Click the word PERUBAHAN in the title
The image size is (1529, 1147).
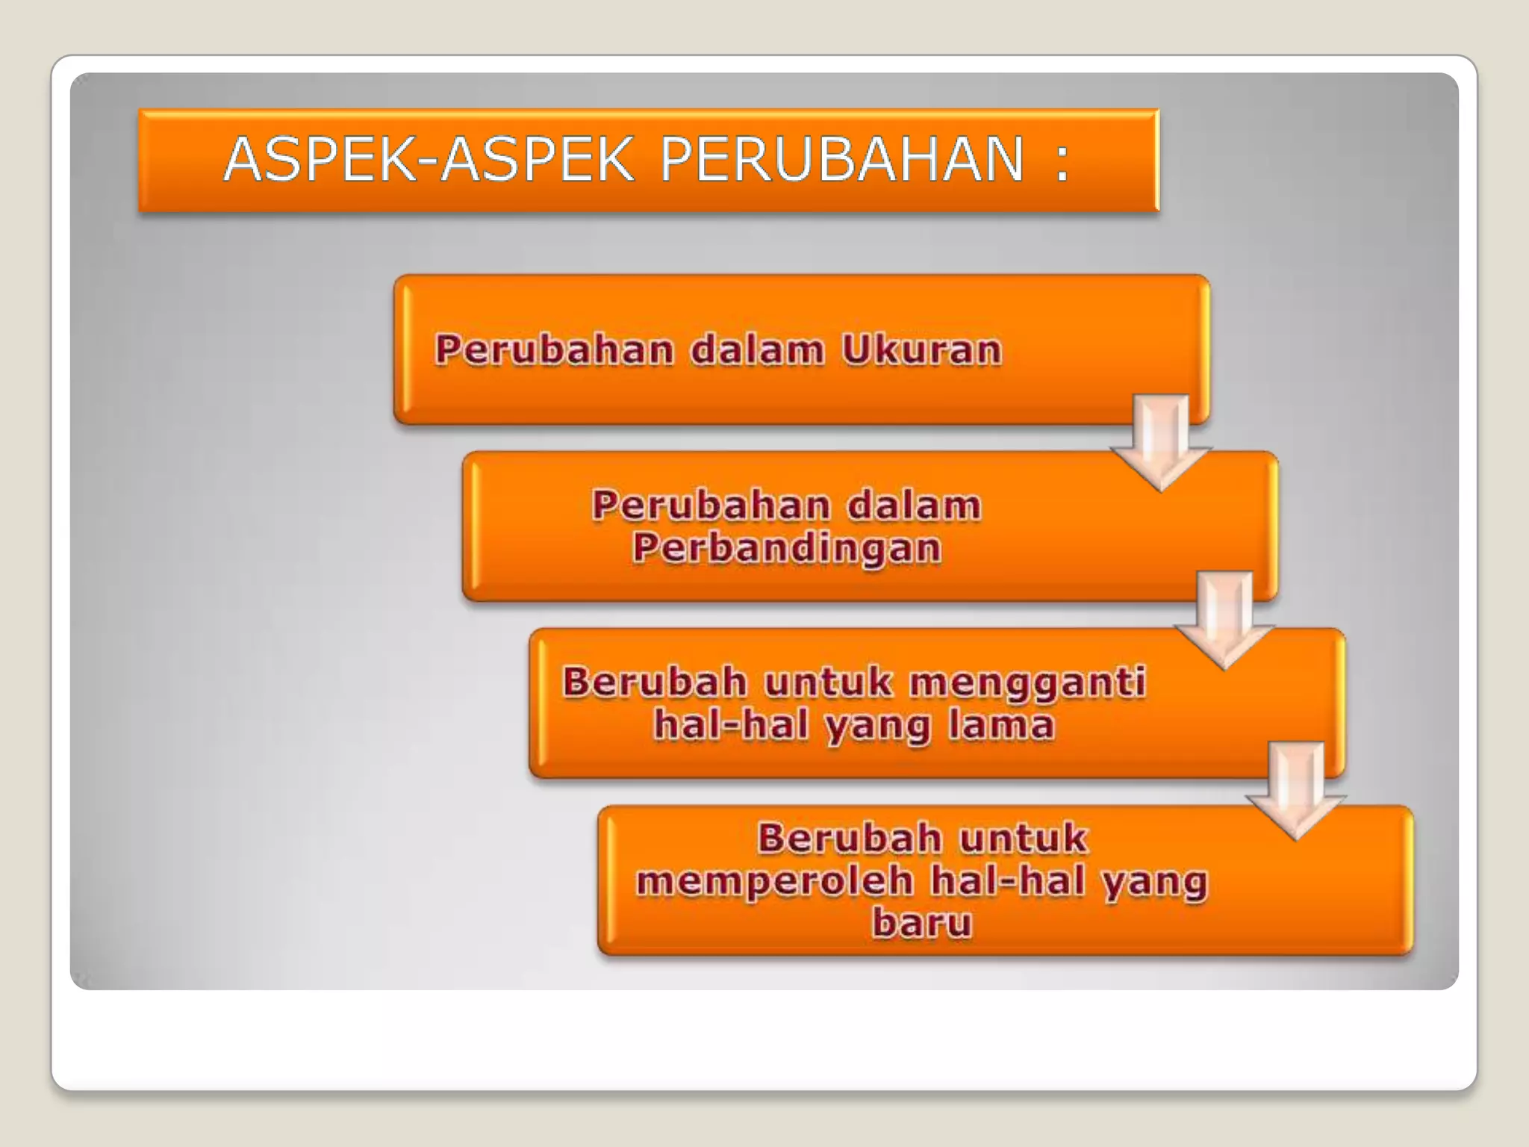[842, 160]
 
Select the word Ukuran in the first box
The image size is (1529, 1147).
[921, 349]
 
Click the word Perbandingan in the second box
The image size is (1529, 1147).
[787, 548]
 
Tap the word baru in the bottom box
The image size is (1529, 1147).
[922, 923]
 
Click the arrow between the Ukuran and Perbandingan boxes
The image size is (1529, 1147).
[1161, 444]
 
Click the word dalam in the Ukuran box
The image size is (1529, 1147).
[757, 349]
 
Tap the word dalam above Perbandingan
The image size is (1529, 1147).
[914, 506]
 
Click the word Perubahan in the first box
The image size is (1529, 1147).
[555, 349]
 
